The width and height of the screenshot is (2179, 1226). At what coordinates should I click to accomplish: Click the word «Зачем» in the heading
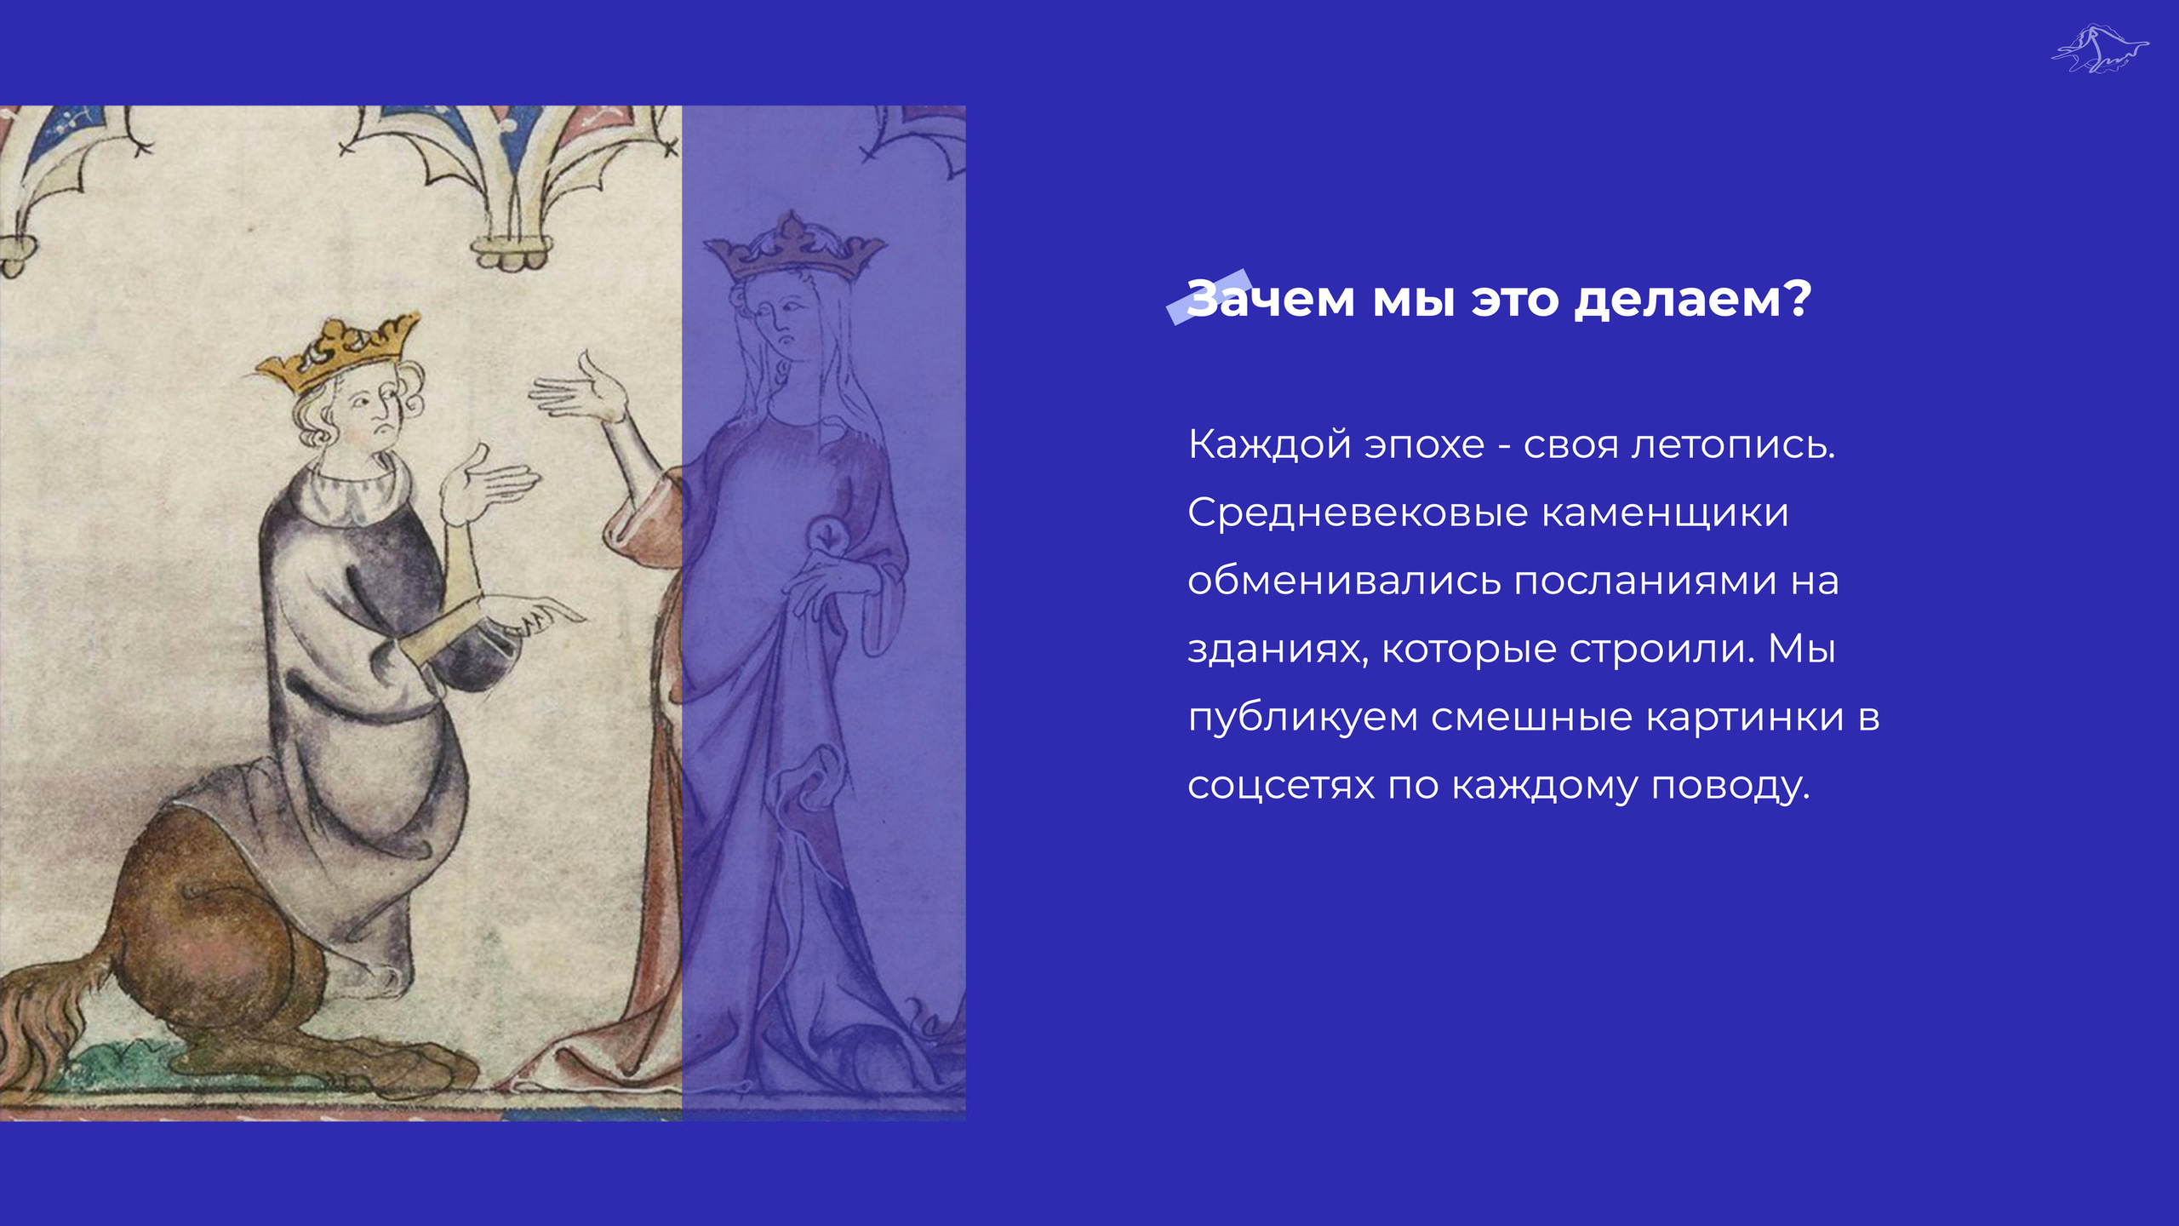point(1270,299)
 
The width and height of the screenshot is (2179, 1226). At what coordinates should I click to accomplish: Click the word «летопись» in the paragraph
point(1732,444)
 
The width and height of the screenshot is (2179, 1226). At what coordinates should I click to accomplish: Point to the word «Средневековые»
point(1358,513)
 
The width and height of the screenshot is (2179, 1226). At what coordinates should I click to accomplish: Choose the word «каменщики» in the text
point(1665,513)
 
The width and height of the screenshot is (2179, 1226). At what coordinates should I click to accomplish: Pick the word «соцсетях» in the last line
point(1281,786)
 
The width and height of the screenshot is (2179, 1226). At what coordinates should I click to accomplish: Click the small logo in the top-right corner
point(2100,49)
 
